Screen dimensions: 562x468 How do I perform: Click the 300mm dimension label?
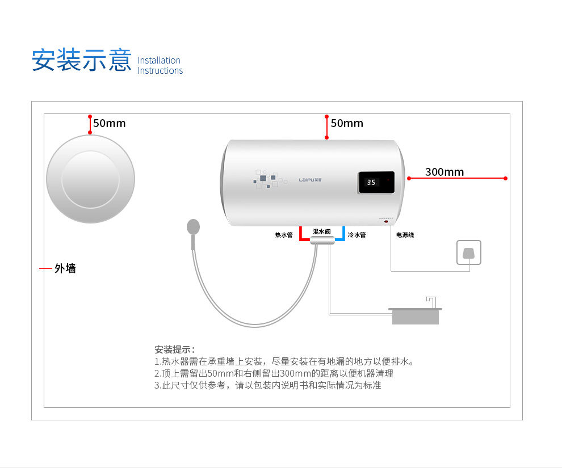[444, 172]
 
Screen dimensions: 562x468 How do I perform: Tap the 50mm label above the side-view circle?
[110, 123]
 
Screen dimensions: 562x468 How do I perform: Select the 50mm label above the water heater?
[347, 123]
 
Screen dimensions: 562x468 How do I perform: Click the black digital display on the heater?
[376, 183]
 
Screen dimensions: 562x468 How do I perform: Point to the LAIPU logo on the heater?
[311, 180]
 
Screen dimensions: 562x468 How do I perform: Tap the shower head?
[193, 227]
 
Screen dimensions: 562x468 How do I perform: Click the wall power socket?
[469, 252]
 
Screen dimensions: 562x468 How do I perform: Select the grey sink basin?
[416, 316]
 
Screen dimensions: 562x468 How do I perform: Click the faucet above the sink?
[432, 302]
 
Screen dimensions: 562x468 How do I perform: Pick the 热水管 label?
[284, 235]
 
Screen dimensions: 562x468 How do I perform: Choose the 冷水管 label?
[357, 235]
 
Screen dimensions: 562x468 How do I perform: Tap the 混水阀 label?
[321, 231]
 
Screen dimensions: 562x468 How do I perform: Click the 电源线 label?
[405, 235]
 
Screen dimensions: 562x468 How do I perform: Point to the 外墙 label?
[65, 268]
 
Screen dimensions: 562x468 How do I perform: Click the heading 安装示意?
[82, 60]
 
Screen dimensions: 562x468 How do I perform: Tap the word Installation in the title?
[159, 60]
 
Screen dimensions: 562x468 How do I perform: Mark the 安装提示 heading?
[174, 349]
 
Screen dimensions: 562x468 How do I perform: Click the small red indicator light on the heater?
[387, 222]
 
